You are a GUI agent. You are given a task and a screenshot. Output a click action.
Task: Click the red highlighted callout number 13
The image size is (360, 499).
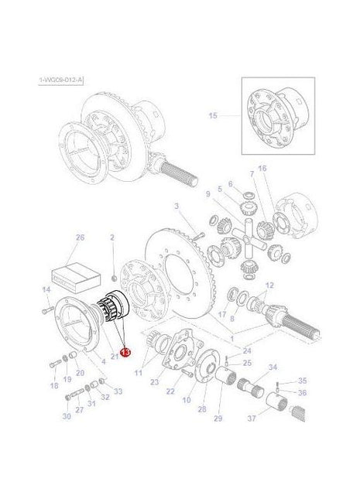click(x=125, y=350)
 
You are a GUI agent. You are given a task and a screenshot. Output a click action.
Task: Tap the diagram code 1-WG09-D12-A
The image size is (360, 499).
click(x=60, y=80)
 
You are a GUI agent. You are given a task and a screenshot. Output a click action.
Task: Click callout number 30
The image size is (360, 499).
click(x=67, y=417)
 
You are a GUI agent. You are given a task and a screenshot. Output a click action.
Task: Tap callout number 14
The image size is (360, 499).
click(x=45, y=289)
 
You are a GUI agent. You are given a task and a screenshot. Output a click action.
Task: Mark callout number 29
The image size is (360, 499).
click(x=218, y=419)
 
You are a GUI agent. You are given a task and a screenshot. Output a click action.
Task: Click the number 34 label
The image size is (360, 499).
click(x=273, y=367)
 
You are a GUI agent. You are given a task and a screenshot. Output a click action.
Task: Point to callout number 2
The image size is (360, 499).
click(x=112, y=238)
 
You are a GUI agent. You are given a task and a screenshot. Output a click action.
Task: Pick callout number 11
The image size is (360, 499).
click(x=139, y=373)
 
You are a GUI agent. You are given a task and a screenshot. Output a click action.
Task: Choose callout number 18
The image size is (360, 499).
click(x=54, y=385)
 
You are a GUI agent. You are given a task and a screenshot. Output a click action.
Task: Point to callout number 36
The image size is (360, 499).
click(x=303, y=393)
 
